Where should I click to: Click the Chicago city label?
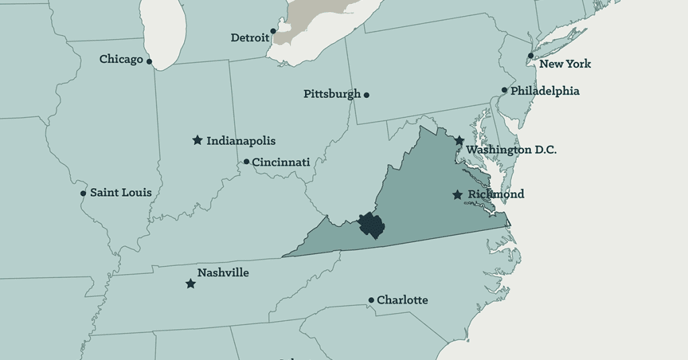[121, 59]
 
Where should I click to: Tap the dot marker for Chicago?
[149, 62]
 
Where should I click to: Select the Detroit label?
[249, 38]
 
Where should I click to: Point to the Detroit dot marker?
[273, 31]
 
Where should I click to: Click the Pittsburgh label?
[332, 94]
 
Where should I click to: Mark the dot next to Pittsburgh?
[366, 95]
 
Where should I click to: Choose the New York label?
[565, 64]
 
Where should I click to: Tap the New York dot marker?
[531, 56]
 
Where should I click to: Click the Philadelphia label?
[545, 91]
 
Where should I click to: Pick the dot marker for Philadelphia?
[505, 90]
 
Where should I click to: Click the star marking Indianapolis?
[198, 140]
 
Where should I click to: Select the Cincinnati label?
[281, 162]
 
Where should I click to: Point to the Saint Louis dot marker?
[83, 193]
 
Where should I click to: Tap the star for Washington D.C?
[459, 141]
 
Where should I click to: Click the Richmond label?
[496, 194]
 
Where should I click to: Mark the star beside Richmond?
[458, 195]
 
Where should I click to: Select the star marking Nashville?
[191, 284]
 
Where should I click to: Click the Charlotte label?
[402, 300]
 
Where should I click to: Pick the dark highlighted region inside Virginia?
[370, 224]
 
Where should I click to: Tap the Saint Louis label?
[121, 193]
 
